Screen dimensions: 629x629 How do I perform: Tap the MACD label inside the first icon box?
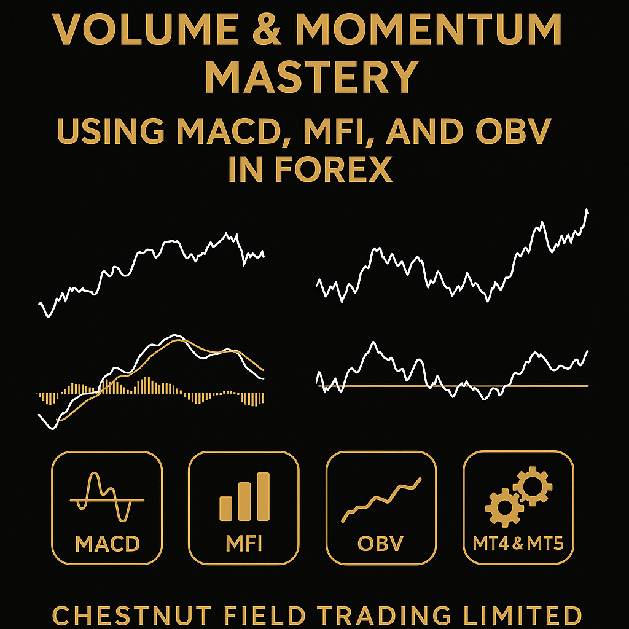[x=107, y=544]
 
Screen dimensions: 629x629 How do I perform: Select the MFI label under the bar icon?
[x=244, y=544]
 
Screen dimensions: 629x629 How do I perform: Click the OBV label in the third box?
[x=381, y=544]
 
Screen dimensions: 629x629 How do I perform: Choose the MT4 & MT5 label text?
[x=518, y=544]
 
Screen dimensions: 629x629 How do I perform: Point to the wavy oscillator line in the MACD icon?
[x=98, y=488]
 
